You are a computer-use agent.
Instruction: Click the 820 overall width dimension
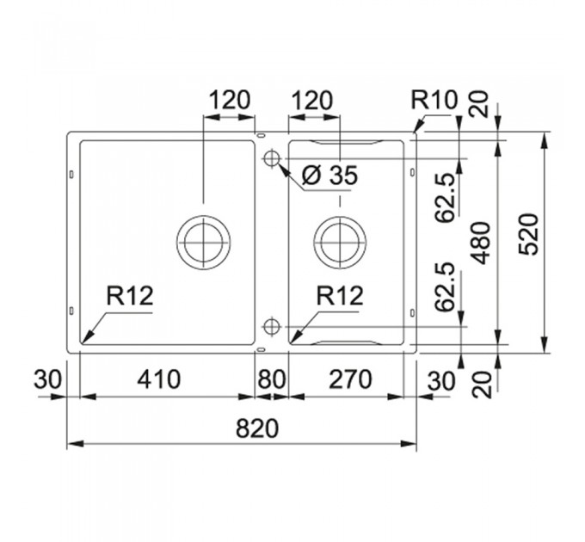[257, 428]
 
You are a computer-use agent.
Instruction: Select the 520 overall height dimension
[530, 234]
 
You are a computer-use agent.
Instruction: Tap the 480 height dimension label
[480, 243]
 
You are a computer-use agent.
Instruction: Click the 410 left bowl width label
[159, 379]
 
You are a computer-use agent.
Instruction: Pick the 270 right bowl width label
[350, 379]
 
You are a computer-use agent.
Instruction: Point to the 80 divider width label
[272, 379]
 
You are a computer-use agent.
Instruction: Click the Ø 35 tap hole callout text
[329, 175]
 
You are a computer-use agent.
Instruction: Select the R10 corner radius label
[434, 100]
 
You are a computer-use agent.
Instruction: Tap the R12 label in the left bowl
[130, 296]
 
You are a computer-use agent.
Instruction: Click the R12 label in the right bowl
[340, 296]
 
